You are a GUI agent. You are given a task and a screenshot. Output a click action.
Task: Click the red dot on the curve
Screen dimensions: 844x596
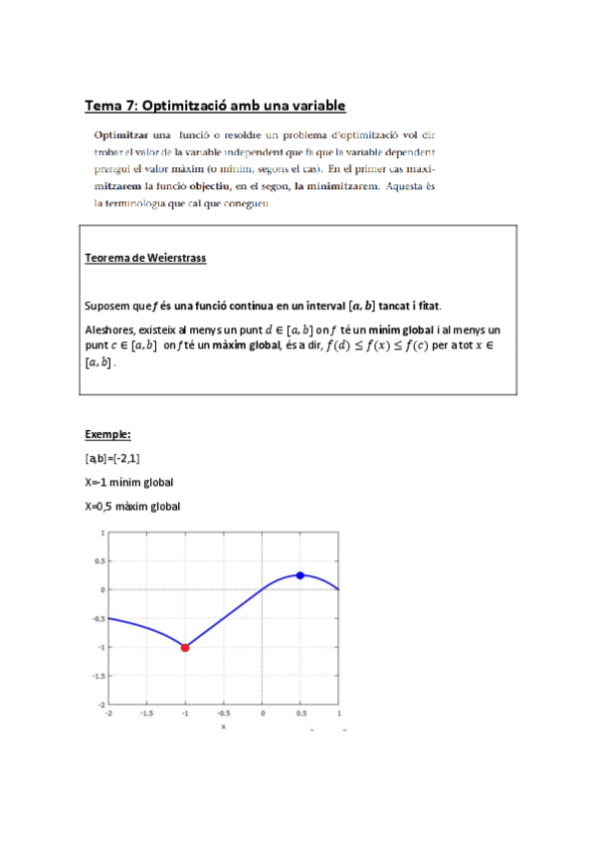(x=185, y=647)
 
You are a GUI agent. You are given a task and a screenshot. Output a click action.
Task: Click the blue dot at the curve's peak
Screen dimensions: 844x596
(x=300, y=575)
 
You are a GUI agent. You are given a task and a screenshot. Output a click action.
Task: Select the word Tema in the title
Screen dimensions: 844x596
(x=103, y=105)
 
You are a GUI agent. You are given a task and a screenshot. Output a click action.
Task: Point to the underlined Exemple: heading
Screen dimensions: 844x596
(x=108, y=435)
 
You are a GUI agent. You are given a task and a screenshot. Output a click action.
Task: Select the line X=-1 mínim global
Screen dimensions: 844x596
(x=129, y=483)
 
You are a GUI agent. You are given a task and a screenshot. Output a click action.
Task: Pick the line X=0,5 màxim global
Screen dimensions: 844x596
(x=132, y=507)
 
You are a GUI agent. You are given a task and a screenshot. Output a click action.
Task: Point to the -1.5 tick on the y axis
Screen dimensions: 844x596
(x=98, y=675)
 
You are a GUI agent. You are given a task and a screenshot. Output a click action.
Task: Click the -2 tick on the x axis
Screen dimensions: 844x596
(x=107, y=714)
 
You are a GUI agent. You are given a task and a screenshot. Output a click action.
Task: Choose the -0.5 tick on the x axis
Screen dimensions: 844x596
(x=224, y=714)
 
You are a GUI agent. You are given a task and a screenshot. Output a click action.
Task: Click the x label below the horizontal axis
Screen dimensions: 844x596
(x=223, y=726)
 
